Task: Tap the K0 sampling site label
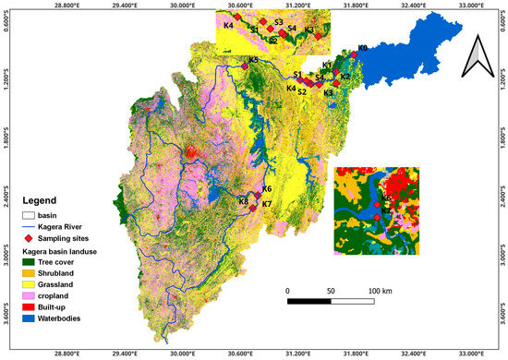[x=362, y=48]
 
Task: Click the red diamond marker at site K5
[x=245, y=66]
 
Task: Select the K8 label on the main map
[x=244, y=201]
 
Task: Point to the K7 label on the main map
[x=266, y=204]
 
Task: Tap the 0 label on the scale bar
[x=288, y=290]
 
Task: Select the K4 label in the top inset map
[x=227, y=25]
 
